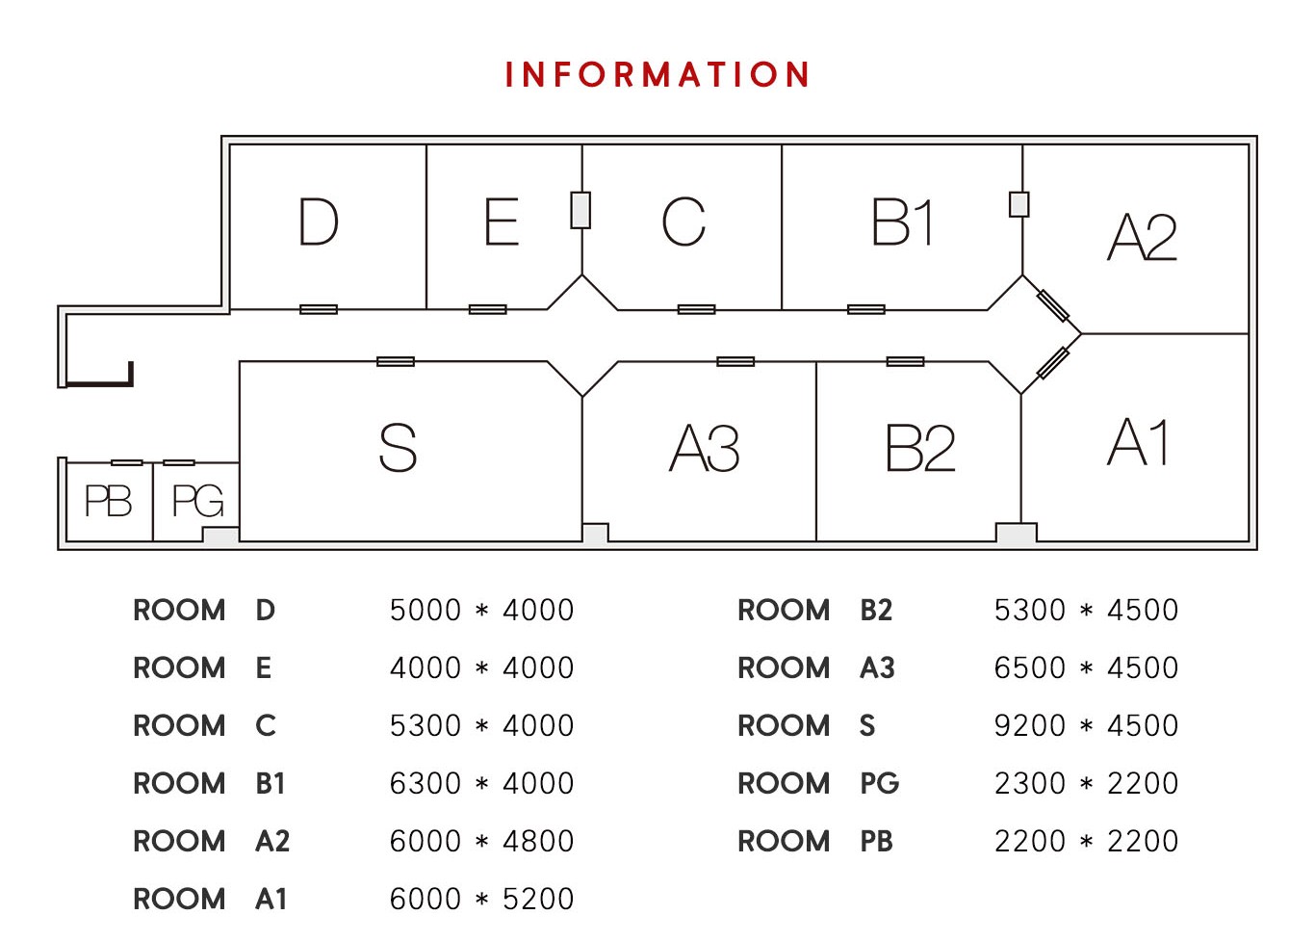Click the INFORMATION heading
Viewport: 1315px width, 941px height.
657,75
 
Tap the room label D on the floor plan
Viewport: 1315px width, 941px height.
319,222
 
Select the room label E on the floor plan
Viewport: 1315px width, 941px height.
502,222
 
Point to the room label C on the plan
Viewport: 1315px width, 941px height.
683,222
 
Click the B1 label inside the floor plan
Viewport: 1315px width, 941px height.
902,223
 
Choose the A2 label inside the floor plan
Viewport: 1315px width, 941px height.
1143,237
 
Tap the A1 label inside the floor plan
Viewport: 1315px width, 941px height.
1140,443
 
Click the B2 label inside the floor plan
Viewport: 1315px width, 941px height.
920,449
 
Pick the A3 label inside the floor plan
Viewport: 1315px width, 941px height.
705,449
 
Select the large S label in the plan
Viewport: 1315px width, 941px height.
398,448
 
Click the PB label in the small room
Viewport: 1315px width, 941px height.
108,501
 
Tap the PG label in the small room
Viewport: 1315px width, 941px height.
197,501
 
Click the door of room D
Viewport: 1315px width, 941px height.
319,309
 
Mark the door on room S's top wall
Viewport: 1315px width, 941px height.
396,361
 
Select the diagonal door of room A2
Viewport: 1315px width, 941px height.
1053,305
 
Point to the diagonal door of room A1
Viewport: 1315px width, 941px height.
1053,363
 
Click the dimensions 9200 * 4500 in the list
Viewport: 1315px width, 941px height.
1086,725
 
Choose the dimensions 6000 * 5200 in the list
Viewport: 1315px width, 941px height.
481,899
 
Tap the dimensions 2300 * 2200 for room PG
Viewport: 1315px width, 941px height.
1086,783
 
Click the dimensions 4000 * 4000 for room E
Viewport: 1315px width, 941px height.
481,667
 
